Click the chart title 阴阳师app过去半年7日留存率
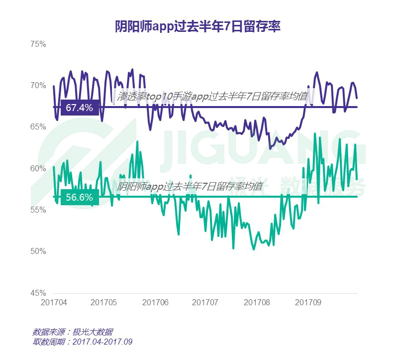pyautogui.click(x=197, y=26)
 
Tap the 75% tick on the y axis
pyautogui.click(x=38, y=44)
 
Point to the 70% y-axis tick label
pyautogui.click(x=38, y=85)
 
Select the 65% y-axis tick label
pyautogui.click(x=38, y=127)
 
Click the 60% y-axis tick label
pyautogui.click(x=38, y=168)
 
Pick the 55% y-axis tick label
pyautogui.click(x=38, y=210)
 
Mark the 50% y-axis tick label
pyautogui.click(x=38, y=251)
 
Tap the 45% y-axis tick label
pyautogui.click(x=38, y=293)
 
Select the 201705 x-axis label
pyautogui.click(x=104, y=302)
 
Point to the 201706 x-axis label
pyautogui.click(x=156, y=302)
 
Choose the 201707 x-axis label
pyautogui.click(x=205, y=302)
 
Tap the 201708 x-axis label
pyautogui.click(x=256, y=302)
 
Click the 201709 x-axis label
pyautogui.click(x=307, y=302)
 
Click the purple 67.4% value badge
pyautogui.click(x=80, y=107)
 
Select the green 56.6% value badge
pyautogui.click(x=80, y=197)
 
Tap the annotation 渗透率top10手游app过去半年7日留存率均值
pyautogui.click(x=212, y=96)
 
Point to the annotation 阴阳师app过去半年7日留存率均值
pyautogui.click(x=190, y=187)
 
